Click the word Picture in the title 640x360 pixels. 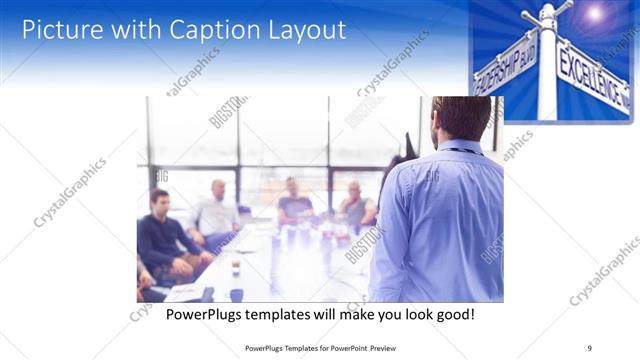coord(61,29)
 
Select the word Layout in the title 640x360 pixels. coord(299,29)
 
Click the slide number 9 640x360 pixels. coord(589,347)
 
